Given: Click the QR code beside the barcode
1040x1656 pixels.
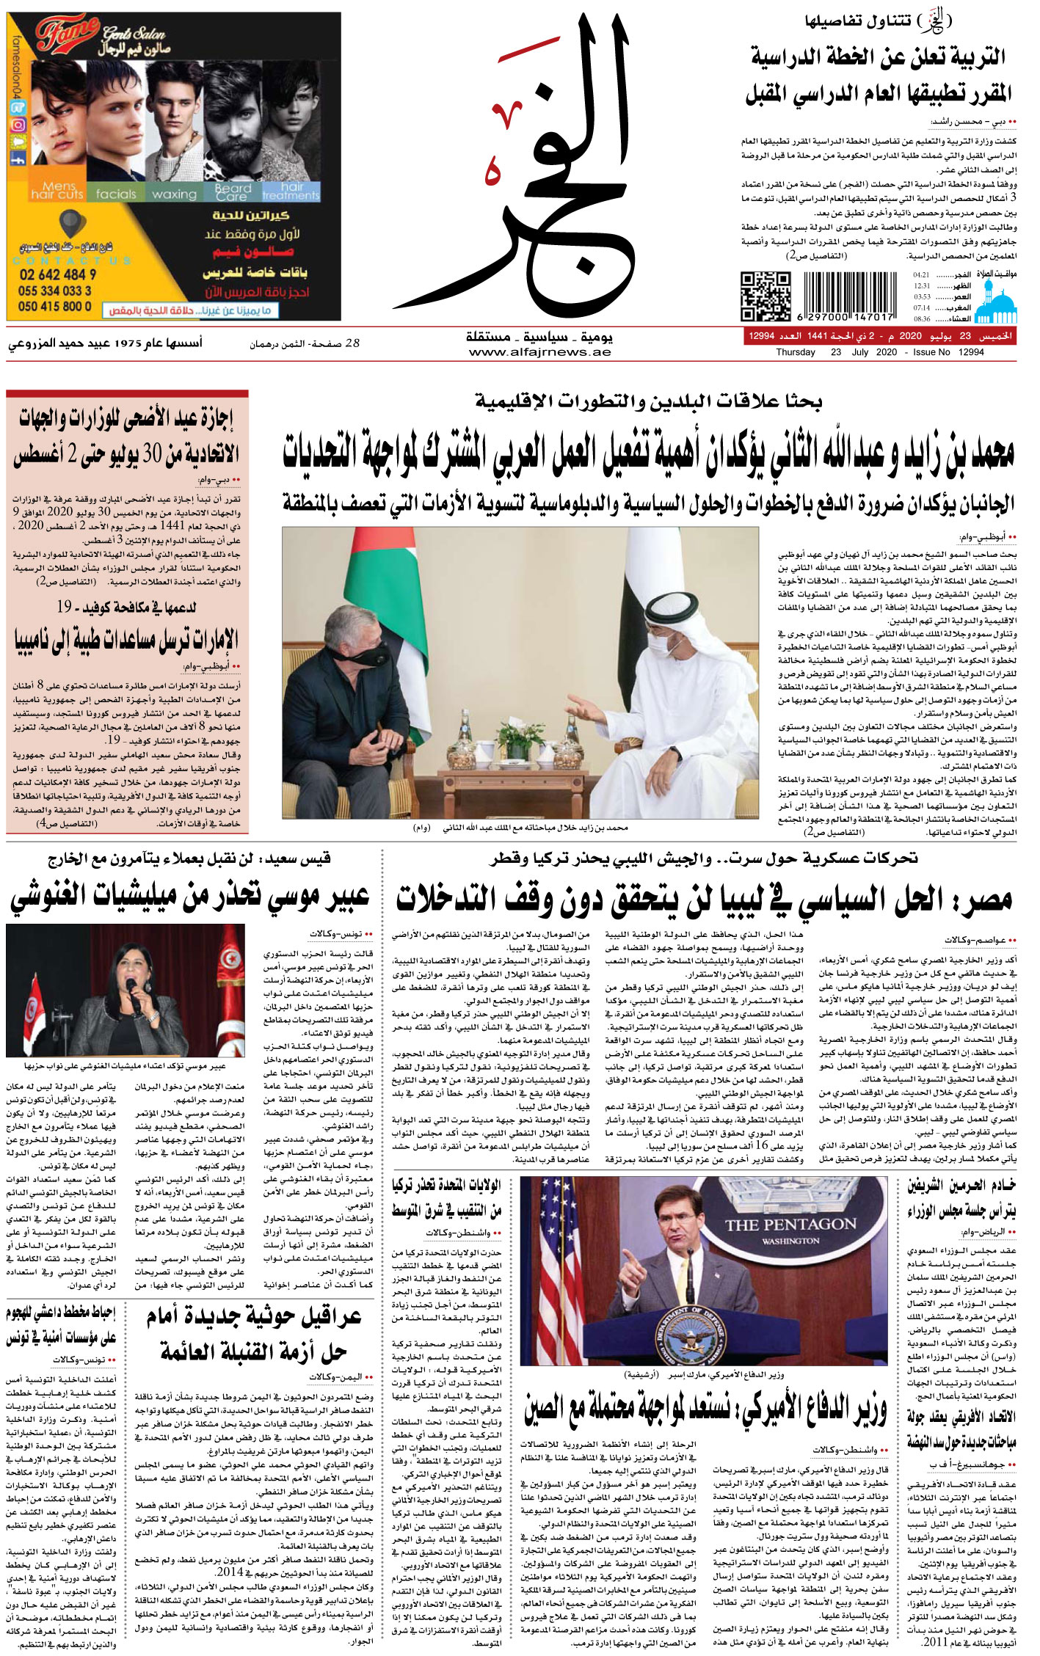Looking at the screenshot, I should [765, 296].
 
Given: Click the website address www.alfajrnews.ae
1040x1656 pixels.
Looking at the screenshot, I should [539, 352].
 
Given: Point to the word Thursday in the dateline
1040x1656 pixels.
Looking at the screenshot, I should [796, 352].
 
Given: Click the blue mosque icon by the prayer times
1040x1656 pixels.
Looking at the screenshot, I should [996, 303].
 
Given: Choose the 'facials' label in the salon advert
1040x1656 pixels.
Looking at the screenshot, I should [116, 194].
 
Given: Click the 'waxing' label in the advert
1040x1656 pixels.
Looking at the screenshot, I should [174, 194].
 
